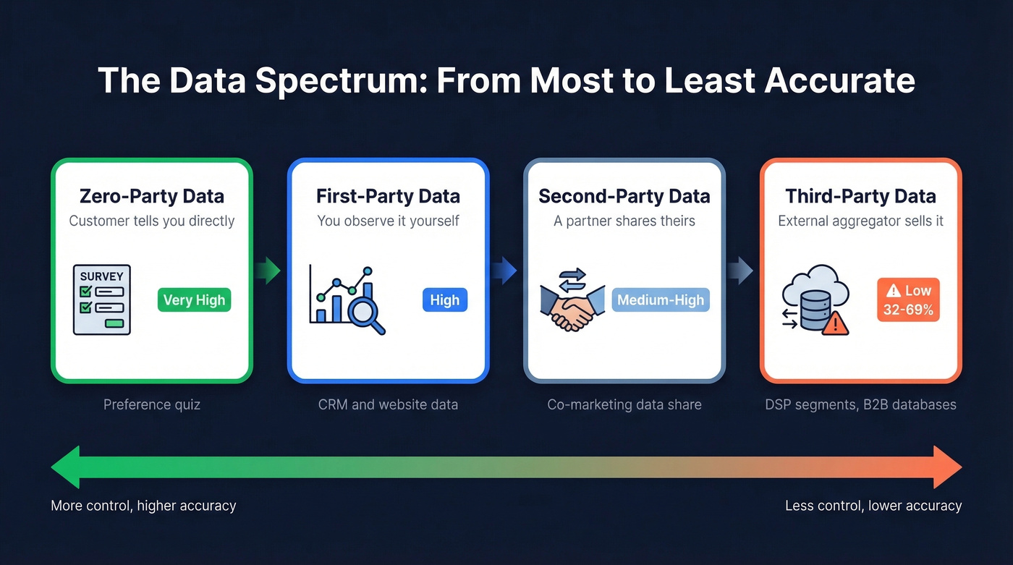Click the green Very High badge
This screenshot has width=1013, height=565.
pyautogui.click(x=194, y=300)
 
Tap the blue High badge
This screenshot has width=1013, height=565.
pyautogui.click(x=444, y=300)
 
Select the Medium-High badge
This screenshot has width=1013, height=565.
pyautogui.click(x=661, y=300)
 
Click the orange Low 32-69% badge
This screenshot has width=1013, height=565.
pyautogui.click(x=908, y=300)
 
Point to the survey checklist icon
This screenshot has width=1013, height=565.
pyautogui.click(x=102, y=300)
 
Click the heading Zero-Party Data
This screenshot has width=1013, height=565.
pyautogui.click(x=152, y=196)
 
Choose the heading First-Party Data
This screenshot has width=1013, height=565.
pyautogui.click(x=388, y=196)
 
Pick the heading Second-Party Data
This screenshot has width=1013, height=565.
pyautogui.click(x=624, y=196)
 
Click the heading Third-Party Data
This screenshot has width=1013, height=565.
pyautogui.click(x=860, y=196)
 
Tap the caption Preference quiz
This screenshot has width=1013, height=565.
pyautogui.click(x=152, y=404)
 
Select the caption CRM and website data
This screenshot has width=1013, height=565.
pyautogui.click(x=388, y=404)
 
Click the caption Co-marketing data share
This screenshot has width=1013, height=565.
pyautogui.click(x=624, y=404)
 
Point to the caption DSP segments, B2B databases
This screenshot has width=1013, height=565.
pyautogui.click(x=860, y=404)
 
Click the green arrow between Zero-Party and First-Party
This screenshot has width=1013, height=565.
pyautogui.click(x=269, y=271)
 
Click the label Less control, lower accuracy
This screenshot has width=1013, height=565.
pyautogui.click(x=873, y=506)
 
